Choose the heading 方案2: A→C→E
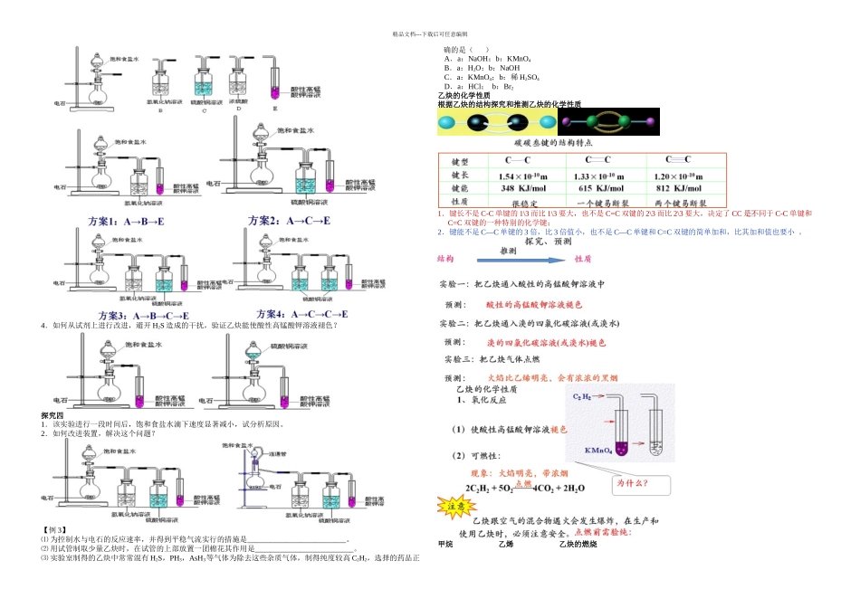tap(288, 221)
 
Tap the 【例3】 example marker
tap(55, 528)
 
